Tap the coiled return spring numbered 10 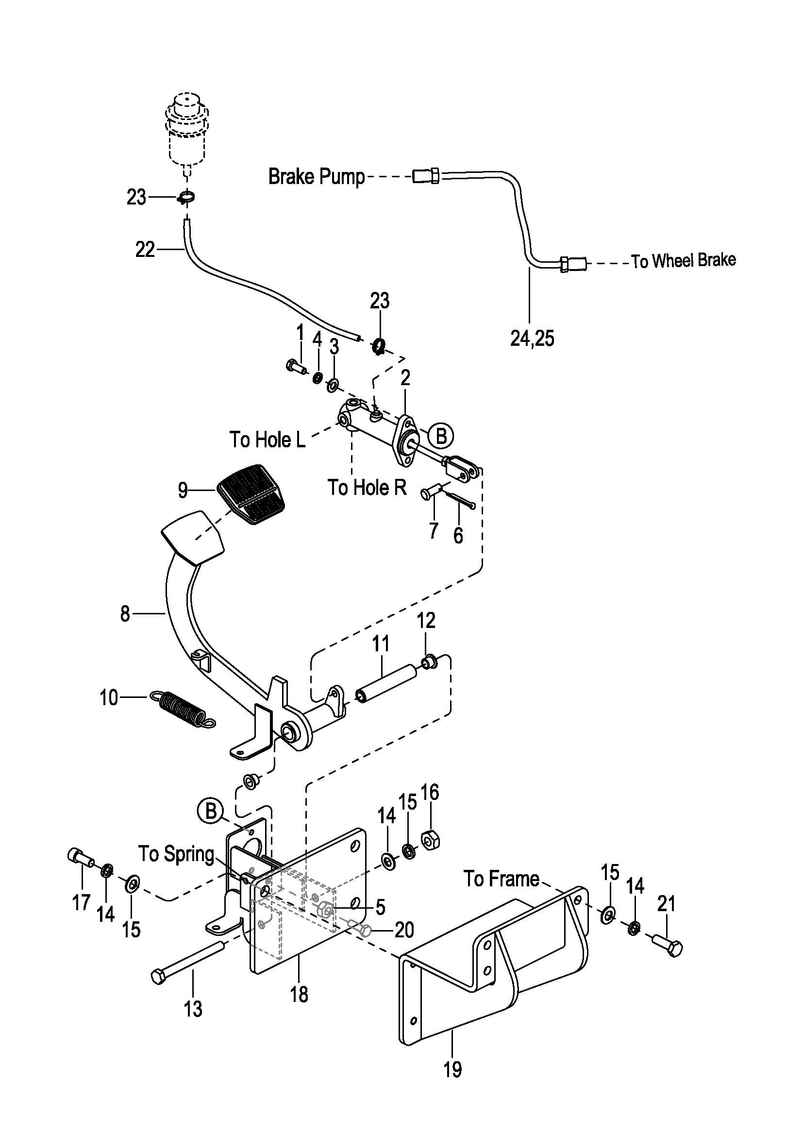click(x=182, y=710)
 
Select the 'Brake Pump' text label click(x=316, y=176)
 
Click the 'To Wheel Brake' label click(x=684, y=261)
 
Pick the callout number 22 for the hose click(x=145, y=250)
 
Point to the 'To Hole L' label click(x=268, y=440)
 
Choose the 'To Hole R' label click(x=367, y=487)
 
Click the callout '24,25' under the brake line click(x=532, y=339)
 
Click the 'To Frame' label click(x=502, y=879)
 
